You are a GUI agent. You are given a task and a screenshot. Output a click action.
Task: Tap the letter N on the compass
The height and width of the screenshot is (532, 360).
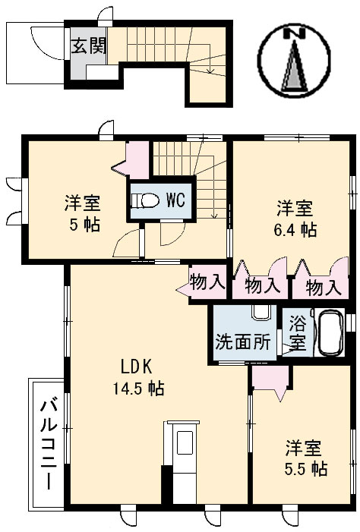pos(295,33)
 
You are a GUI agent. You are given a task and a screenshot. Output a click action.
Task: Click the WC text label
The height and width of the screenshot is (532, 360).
pos(175,200)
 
